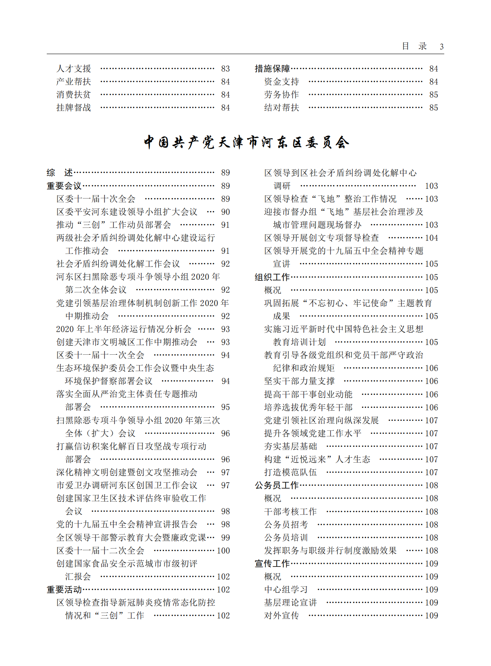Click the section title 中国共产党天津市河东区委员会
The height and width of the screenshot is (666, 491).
click(246, 142)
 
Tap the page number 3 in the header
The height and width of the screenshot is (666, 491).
click(441, 47)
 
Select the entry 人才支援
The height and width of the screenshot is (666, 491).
click(73, 69)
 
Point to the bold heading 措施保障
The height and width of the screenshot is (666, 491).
click(272, 69)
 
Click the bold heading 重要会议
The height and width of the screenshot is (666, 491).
click(64, 186)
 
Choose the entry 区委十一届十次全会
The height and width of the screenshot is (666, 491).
click(96, 199)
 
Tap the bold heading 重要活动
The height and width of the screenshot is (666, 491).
click(64, 590)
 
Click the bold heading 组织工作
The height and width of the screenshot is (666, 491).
click(272, 277)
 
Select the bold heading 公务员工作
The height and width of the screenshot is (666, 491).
click(276, 485)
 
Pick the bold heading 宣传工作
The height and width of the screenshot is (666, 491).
click(272, 564)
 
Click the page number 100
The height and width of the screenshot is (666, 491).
click(223, 551)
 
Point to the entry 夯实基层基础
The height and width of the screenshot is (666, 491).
click(290, 446)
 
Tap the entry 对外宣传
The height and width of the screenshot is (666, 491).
click(281, 616)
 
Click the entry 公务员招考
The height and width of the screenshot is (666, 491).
click(286, 525)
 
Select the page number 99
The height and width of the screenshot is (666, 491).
click(225, 538)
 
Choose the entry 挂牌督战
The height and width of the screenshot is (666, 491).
click(73, 108)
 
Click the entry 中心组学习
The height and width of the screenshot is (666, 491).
click(286, 590)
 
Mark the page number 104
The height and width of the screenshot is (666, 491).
click(431, 238)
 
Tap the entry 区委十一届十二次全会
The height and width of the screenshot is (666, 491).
click(100, 551)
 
